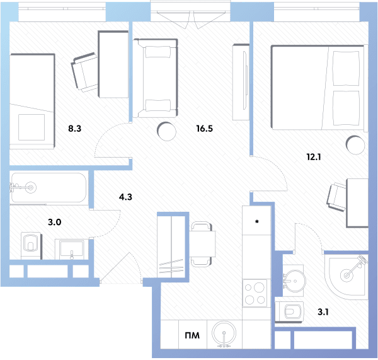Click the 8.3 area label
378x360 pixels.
pos(75,129)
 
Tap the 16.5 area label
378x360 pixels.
pos(205,129)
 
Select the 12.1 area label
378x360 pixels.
pos(314,157)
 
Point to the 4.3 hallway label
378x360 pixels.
pos(125,197)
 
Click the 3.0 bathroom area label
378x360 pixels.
pos(55,222)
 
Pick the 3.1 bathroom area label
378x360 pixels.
pos(323,312)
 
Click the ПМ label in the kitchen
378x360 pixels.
pos(192,335)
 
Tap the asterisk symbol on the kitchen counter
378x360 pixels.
pos(257,221)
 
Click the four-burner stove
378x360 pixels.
pos(255,293)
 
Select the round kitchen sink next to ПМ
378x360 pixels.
pos(224,334)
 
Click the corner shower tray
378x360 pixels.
pos(346,277)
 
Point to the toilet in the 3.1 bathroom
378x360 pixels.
pos(289,311)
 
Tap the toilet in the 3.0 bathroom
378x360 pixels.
pos(31,245)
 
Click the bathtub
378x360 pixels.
pos(49,188)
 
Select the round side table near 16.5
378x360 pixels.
pos(166,132)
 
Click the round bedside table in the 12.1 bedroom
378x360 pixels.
pos(355,145)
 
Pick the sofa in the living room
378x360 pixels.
pos(156,78)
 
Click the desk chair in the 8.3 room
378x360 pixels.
pos(84,72)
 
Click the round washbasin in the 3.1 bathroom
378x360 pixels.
pos(294,281)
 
